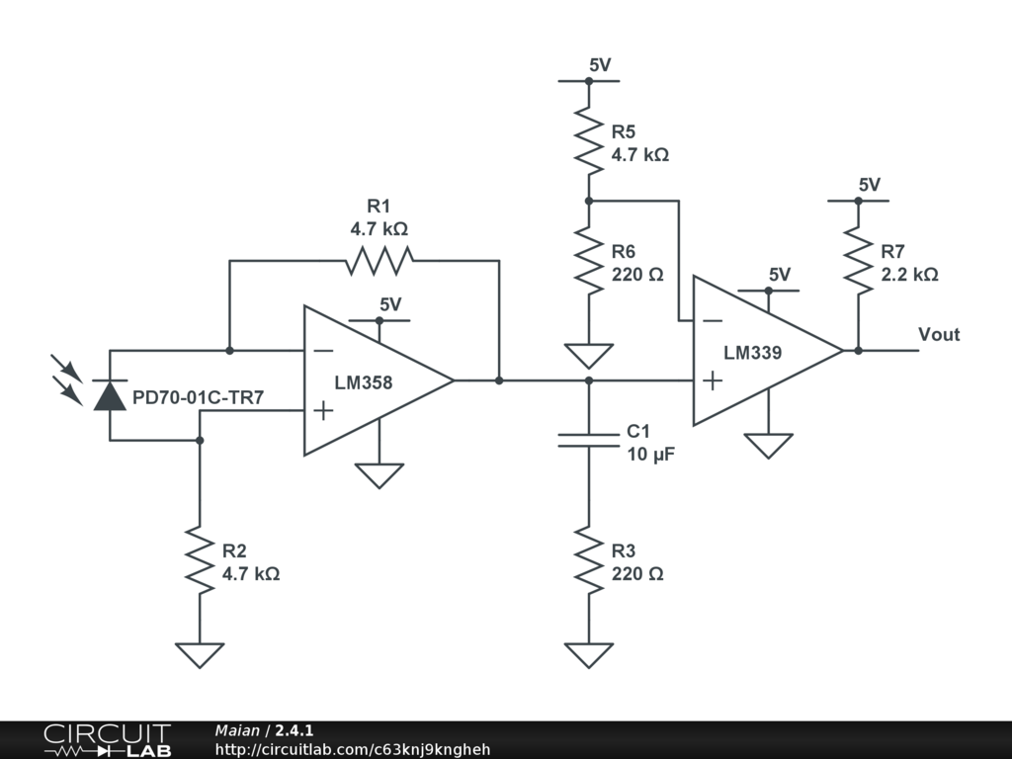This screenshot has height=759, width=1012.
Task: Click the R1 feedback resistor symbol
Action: click(379, 261)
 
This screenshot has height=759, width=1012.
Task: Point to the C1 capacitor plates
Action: click(588, 439)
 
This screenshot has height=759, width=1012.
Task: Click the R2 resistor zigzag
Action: click(200, 561)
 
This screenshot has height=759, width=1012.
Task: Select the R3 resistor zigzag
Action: click(588, 561)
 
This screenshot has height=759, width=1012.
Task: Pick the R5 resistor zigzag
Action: click(588, 139)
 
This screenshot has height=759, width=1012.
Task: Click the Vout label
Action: click(939, 334)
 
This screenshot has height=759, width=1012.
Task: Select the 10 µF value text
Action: click(649, 455)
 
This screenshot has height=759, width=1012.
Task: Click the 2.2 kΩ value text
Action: click(909, 274)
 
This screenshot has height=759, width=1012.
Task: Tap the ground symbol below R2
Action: click(200, 654)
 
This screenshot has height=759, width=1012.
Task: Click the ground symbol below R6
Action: click(588, 354)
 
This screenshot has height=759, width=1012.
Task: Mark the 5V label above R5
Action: click(600, 65)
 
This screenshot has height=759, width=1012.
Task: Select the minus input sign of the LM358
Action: click(322, 350)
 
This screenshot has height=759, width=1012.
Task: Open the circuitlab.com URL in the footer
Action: click(353, 749)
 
